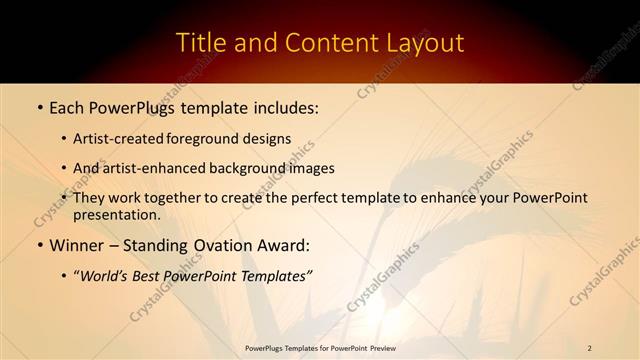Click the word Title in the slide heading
(x=199, y=43)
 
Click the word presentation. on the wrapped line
(x=117, y=214)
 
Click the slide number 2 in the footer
(x=590, y=348)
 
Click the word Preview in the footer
(x=381, y=348)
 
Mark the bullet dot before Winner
(x=39, y=245)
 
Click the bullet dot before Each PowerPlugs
(x=39, y=106)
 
